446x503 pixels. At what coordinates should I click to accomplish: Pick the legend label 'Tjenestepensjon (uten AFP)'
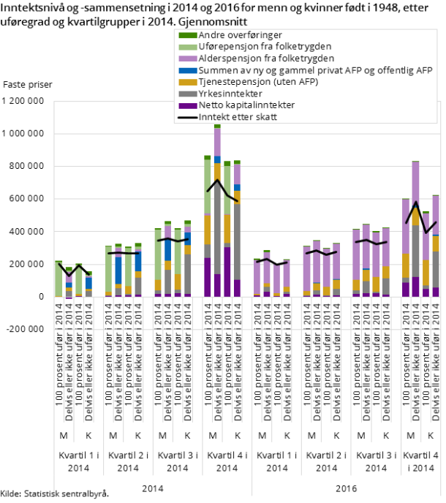[x=257, y=82]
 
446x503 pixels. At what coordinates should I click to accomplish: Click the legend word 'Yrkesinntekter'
[x=230, y=94]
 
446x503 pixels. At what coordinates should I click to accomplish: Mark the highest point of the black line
[x=217, y=180]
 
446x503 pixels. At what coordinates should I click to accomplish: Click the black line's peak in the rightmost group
[x=416, y=203]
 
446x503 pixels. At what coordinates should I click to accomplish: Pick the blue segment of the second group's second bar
[x=118, y=271]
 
